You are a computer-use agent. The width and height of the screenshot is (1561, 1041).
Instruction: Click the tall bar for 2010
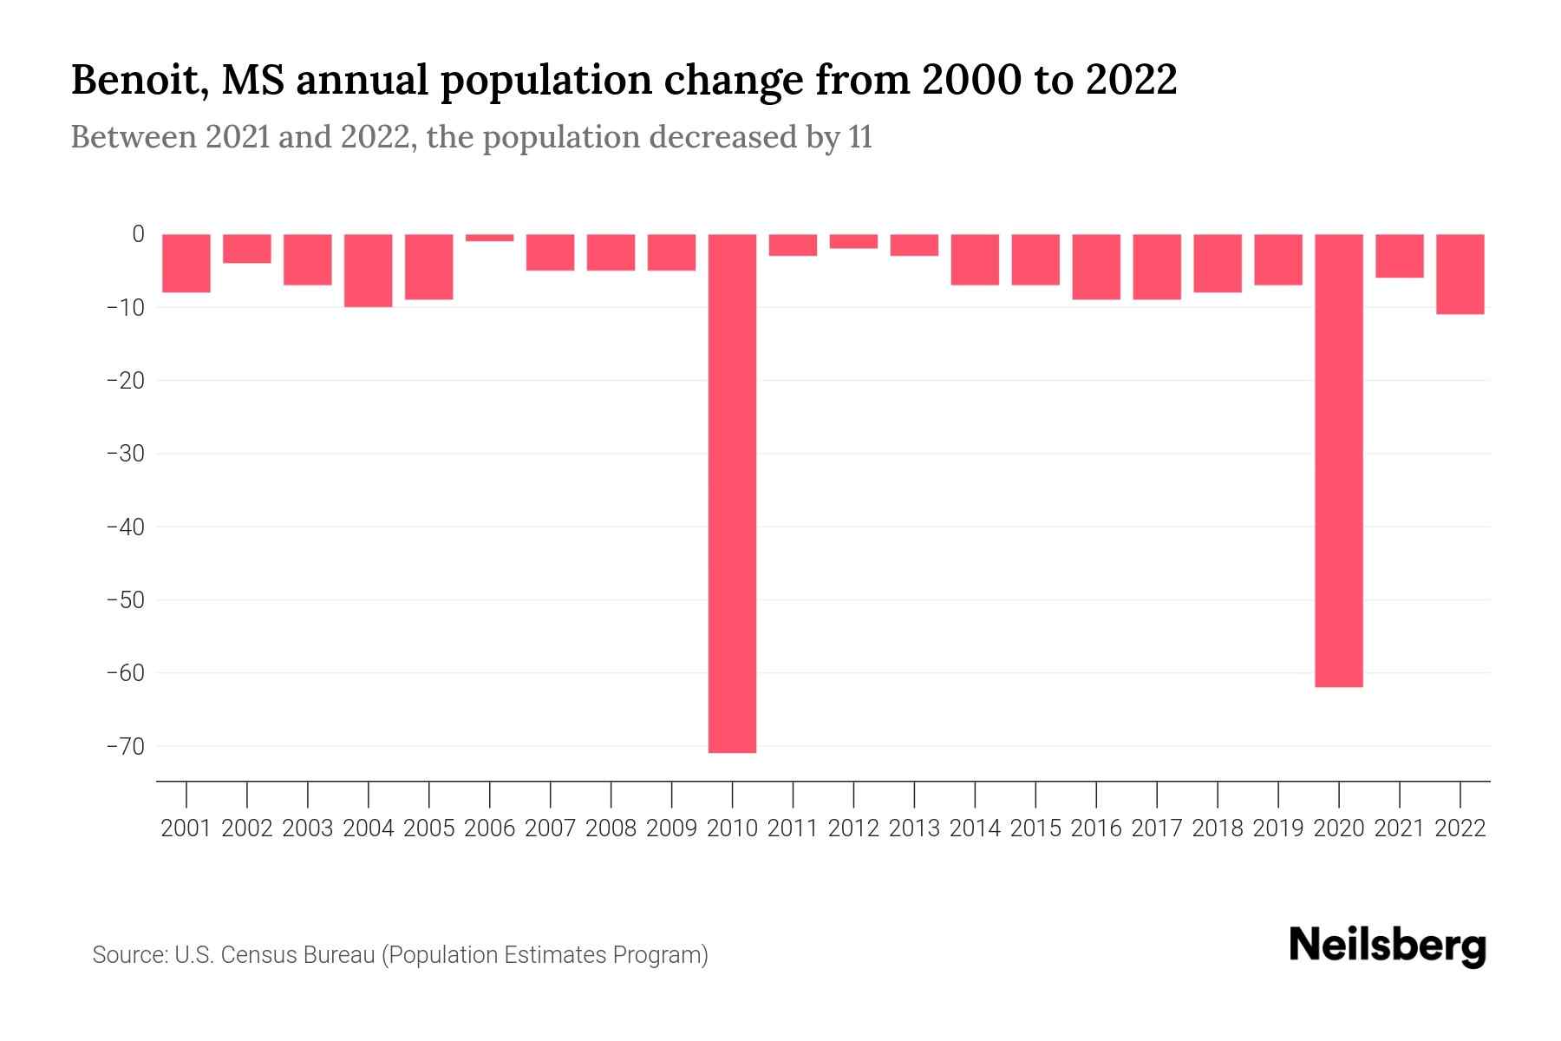click(x=732, y=493)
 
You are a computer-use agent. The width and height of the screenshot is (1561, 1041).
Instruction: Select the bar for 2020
click(x=1339, y=460)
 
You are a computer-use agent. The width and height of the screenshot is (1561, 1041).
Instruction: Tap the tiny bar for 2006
click(x=490, y=238)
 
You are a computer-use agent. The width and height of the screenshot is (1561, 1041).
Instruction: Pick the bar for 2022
click(x=1460, y=274)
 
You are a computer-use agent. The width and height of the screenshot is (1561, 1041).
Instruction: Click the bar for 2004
click(x=369, y=271)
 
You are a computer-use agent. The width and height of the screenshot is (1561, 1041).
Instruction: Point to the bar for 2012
click(x=853, y=241)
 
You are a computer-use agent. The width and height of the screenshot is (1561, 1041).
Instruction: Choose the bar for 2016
click(x=1096, y=267)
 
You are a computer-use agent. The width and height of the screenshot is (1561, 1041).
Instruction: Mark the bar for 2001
click(x=186, y=263)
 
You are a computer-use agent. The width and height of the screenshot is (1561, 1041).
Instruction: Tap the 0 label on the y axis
click(x=138, y=234)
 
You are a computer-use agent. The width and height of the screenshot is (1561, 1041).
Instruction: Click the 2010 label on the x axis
click(x=732, y=828)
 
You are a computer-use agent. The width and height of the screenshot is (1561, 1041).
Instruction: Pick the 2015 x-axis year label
click(x=1035, y=828)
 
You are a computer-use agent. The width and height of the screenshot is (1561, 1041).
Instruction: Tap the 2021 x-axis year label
click(x=1399, y=828)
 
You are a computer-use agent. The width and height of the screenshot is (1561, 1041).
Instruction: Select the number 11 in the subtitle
click(x=859, y=137)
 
